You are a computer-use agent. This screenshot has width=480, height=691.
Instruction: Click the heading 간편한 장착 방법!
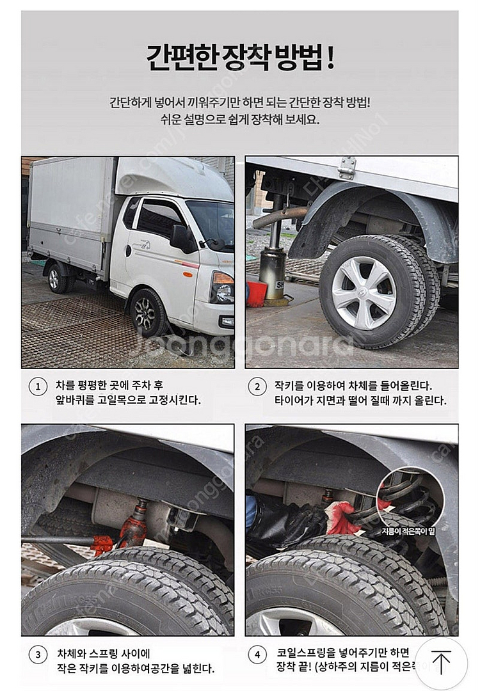click(240, 58)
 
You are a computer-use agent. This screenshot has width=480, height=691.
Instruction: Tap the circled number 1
click(38, 387)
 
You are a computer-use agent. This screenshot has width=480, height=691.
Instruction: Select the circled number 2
click(257, 387)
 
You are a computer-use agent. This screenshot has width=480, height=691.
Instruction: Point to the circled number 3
click(38, 655)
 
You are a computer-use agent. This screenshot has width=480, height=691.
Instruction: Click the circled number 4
click(257, 655)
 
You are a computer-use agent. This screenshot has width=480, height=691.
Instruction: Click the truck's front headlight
click(222, 287)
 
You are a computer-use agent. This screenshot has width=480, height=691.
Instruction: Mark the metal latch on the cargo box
click(347, 168)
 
